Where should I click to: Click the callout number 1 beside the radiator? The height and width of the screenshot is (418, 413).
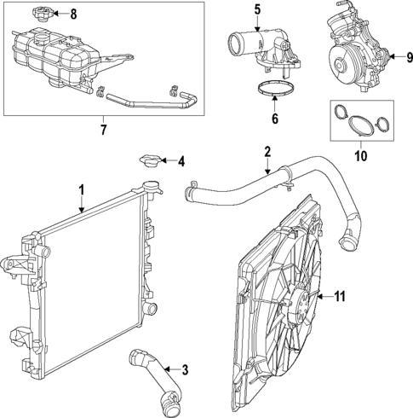pos(82,189)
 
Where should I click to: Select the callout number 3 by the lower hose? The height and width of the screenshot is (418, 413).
pos(185,369)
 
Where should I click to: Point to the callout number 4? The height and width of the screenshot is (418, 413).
pos(181,160)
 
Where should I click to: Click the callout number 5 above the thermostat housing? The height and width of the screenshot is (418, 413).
pos(255,10)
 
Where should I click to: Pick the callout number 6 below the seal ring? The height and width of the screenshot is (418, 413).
pos(274,119)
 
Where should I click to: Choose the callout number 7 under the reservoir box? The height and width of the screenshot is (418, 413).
pos(104,129)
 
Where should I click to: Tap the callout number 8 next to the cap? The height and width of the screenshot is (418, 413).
pos(72,14)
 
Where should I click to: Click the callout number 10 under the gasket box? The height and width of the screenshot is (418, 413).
pos(360,156)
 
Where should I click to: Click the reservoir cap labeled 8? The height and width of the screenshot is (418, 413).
pos(38,15)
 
